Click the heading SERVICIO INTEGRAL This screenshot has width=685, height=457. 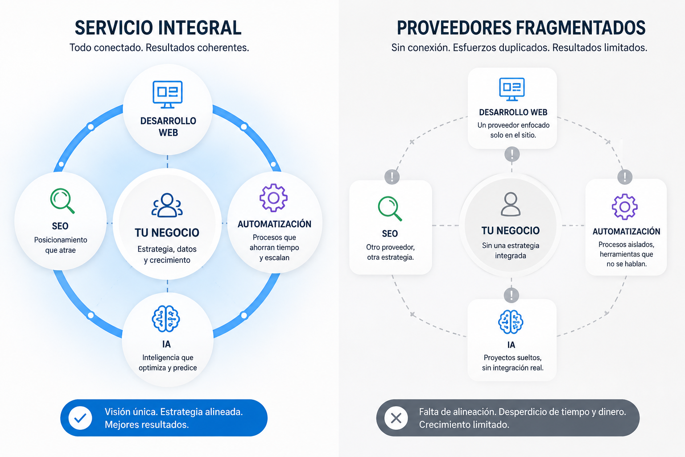pos(158,28)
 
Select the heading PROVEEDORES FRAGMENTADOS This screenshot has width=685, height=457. pos(521,28)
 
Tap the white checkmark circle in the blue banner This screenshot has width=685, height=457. pos(80,418)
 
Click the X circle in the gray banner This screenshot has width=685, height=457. pos(396,418)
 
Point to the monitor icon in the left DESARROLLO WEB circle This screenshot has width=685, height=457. pos(168,94)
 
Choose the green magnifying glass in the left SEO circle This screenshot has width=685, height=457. pos(62,200)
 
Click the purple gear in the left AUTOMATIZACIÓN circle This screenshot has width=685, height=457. pos(273,198)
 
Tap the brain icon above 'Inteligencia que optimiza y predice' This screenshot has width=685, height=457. pos(166,319)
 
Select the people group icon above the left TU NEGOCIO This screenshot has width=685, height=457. pos(167,205)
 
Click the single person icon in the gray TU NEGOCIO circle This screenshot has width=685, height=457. pos(510,204)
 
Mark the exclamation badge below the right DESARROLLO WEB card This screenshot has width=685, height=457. pos(512,154)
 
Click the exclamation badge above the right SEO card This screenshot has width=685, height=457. pos(392,177)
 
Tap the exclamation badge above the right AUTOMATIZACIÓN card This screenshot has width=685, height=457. pos(625,177)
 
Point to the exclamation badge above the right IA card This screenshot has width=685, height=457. pos(512,295)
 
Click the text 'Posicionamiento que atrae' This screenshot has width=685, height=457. pos(61,245)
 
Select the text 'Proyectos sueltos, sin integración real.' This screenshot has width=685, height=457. pos(513,362)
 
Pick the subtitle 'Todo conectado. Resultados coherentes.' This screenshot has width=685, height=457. pos(159,47)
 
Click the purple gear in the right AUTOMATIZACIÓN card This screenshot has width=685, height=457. pos(625,207)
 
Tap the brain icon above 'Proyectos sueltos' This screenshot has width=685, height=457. pos(511,322)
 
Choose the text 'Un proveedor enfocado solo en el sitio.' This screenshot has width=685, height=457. pos(513,130)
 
